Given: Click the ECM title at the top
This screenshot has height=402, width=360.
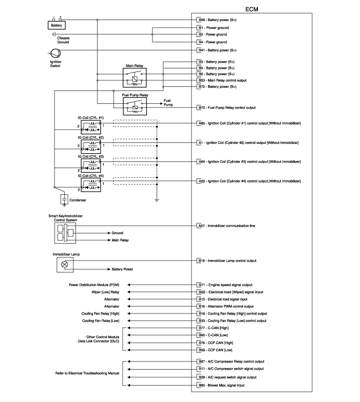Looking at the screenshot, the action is point(252,9).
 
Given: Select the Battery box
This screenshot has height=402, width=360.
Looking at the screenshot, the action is point(56,25).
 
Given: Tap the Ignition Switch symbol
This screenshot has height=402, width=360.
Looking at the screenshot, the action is point(55,53).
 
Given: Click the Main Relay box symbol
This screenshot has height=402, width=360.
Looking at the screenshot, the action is point(135,78).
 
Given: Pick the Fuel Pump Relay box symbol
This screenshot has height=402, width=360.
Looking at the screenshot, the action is point(135,106).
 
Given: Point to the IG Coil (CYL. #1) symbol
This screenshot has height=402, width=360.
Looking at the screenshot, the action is point(91,127).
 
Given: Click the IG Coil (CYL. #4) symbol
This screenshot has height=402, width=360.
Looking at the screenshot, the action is point(91,185).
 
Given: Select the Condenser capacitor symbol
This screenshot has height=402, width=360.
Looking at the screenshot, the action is point(64,199).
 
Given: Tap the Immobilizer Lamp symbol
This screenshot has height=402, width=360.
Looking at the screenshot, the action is point(65,265).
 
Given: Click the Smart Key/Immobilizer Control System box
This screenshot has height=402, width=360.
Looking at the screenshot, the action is point(65,233).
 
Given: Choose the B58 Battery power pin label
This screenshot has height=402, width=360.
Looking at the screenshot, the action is point(217,20).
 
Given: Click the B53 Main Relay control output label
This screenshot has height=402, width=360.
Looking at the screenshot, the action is point(222,80).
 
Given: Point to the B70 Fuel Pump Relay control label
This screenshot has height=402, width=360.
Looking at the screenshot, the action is point(227,107).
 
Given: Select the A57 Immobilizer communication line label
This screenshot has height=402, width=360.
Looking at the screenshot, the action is point(227,226).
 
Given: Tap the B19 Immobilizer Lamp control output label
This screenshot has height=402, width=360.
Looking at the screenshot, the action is point(228,261).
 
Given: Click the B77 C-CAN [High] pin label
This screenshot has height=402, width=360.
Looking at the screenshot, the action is point(214,328).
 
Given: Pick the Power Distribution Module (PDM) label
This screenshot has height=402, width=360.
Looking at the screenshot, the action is point(94,285).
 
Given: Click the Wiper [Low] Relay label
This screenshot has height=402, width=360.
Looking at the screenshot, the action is point(105,292).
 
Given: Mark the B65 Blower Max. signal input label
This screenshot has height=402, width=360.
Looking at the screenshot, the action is point(221,385).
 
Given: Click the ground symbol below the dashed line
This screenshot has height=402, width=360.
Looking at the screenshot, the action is point(157,200).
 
